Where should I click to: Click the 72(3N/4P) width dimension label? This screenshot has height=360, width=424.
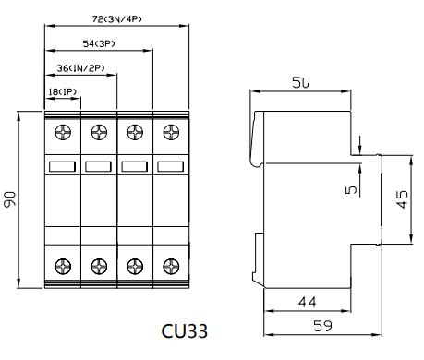tap(117, 19)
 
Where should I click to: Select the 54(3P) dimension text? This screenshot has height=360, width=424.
tap(100, 44)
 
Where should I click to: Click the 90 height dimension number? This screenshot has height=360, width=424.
tap(11, 199)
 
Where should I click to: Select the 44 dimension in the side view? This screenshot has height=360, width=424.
tap(308, 302)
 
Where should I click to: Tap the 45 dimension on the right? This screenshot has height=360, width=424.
tap(402, 200)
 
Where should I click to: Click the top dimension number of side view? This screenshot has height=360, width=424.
tap(302, 84)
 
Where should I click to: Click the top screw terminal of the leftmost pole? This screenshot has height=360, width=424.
tap(65, 132)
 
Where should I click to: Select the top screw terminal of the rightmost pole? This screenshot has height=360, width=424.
tap(170, 132)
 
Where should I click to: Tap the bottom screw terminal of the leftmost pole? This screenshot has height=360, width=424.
tap(65, 267)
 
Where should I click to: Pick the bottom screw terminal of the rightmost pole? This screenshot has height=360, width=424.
tap(170, 267)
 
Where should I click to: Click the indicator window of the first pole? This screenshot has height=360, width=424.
tap(64, 166)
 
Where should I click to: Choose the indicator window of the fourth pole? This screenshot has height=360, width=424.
tap(170, 166)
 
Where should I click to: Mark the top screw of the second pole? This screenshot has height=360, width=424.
tap(99, 132)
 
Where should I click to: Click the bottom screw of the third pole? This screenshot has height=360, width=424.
tap(135, 267)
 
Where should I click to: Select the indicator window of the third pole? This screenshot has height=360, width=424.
tap(135, 166)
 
